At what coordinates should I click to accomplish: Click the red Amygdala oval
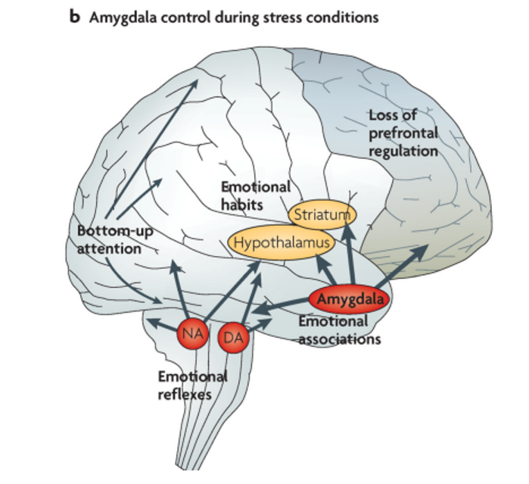coord(350,299)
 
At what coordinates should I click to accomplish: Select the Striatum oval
coord(322,215)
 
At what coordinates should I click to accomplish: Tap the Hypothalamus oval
coord(282,243)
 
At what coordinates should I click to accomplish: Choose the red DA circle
coord(233,337)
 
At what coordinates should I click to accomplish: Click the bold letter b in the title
coord(75,16)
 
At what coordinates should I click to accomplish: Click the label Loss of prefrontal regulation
coord(403,133)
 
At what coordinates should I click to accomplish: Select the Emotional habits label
coord(256,195)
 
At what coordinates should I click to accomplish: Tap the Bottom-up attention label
coord(115,240)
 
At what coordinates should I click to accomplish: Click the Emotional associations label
coord(340,330)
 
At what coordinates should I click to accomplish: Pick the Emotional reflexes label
coord(193,386)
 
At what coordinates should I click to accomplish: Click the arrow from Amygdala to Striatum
coord(350,254)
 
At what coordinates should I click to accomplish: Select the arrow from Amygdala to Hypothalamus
coord(326,270)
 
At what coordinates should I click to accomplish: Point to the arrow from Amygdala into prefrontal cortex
coord(401,267)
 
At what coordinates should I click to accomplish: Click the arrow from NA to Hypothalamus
coord(232,292)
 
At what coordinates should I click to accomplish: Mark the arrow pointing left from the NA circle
coord(163,324)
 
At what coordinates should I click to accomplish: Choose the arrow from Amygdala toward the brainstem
coord(282,306)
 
